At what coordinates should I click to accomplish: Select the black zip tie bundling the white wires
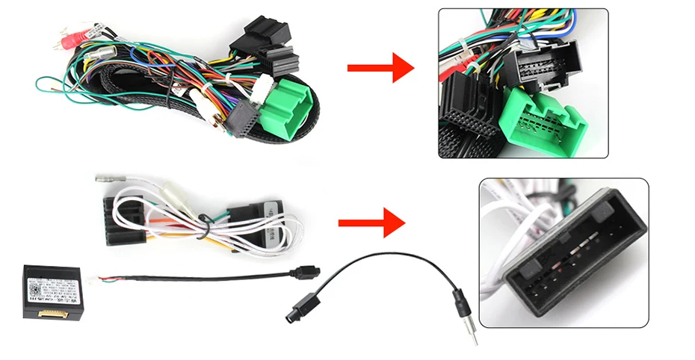203,221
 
